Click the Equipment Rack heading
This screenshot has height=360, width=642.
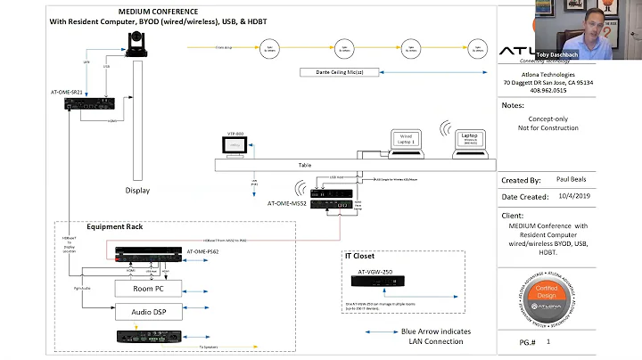click(113, 227)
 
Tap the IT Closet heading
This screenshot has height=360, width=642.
click(364, 255)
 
